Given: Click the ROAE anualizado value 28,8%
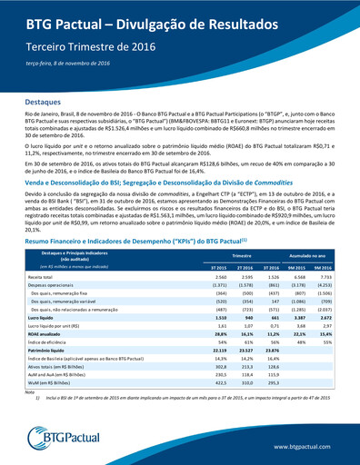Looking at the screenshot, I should (x=219, y=335).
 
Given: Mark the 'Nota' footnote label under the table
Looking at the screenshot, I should (x=31, y=392).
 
